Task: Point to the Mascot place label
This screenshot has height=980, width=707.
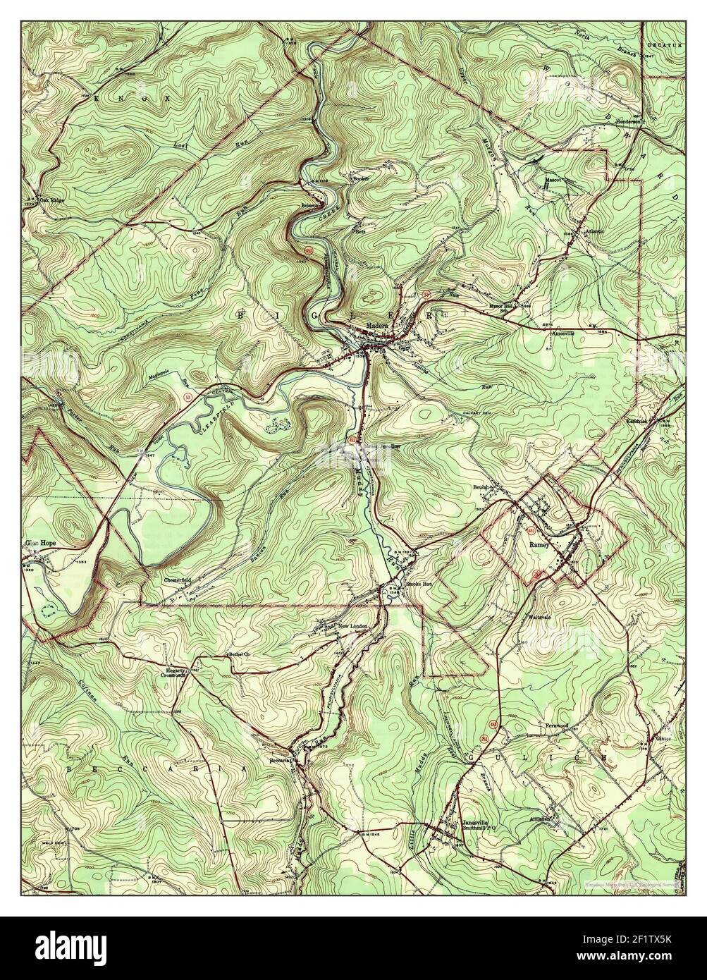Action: (x=552, y=180)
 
